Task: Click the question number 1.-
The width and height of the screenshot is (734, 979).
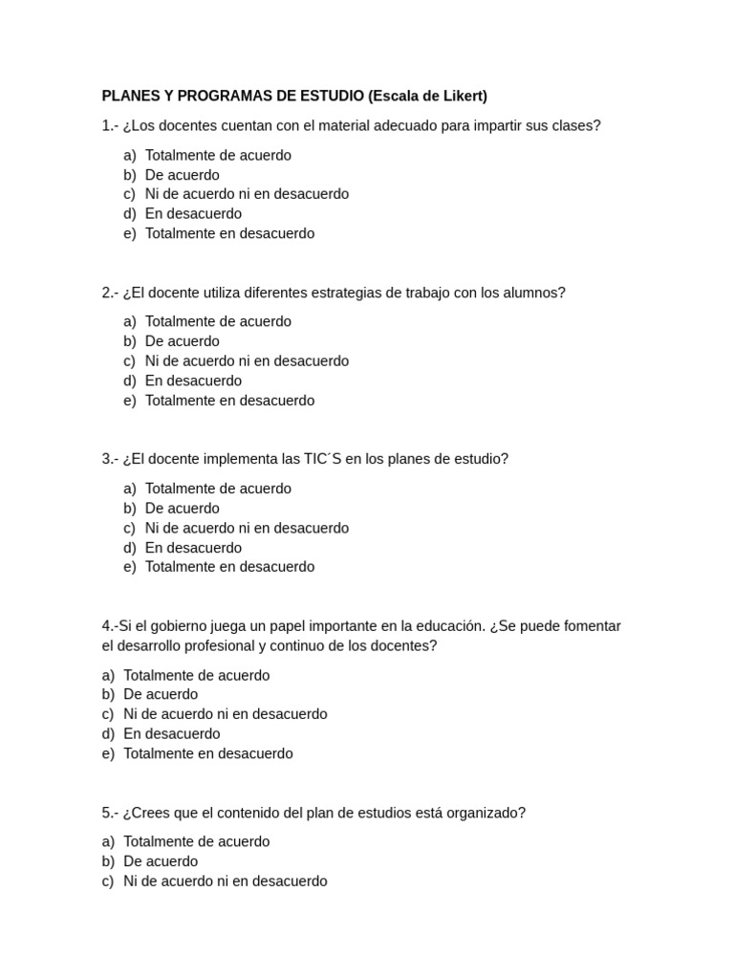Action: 111,125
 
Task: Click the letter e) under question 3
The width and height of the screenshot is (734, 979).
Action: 130,567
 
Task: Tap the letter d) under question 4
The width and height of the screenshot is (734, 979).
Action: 108,734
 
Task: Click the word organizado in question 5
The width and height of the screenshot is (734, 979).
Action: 487,813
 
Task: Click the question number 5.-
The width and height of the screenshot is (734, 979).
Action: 111,813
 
